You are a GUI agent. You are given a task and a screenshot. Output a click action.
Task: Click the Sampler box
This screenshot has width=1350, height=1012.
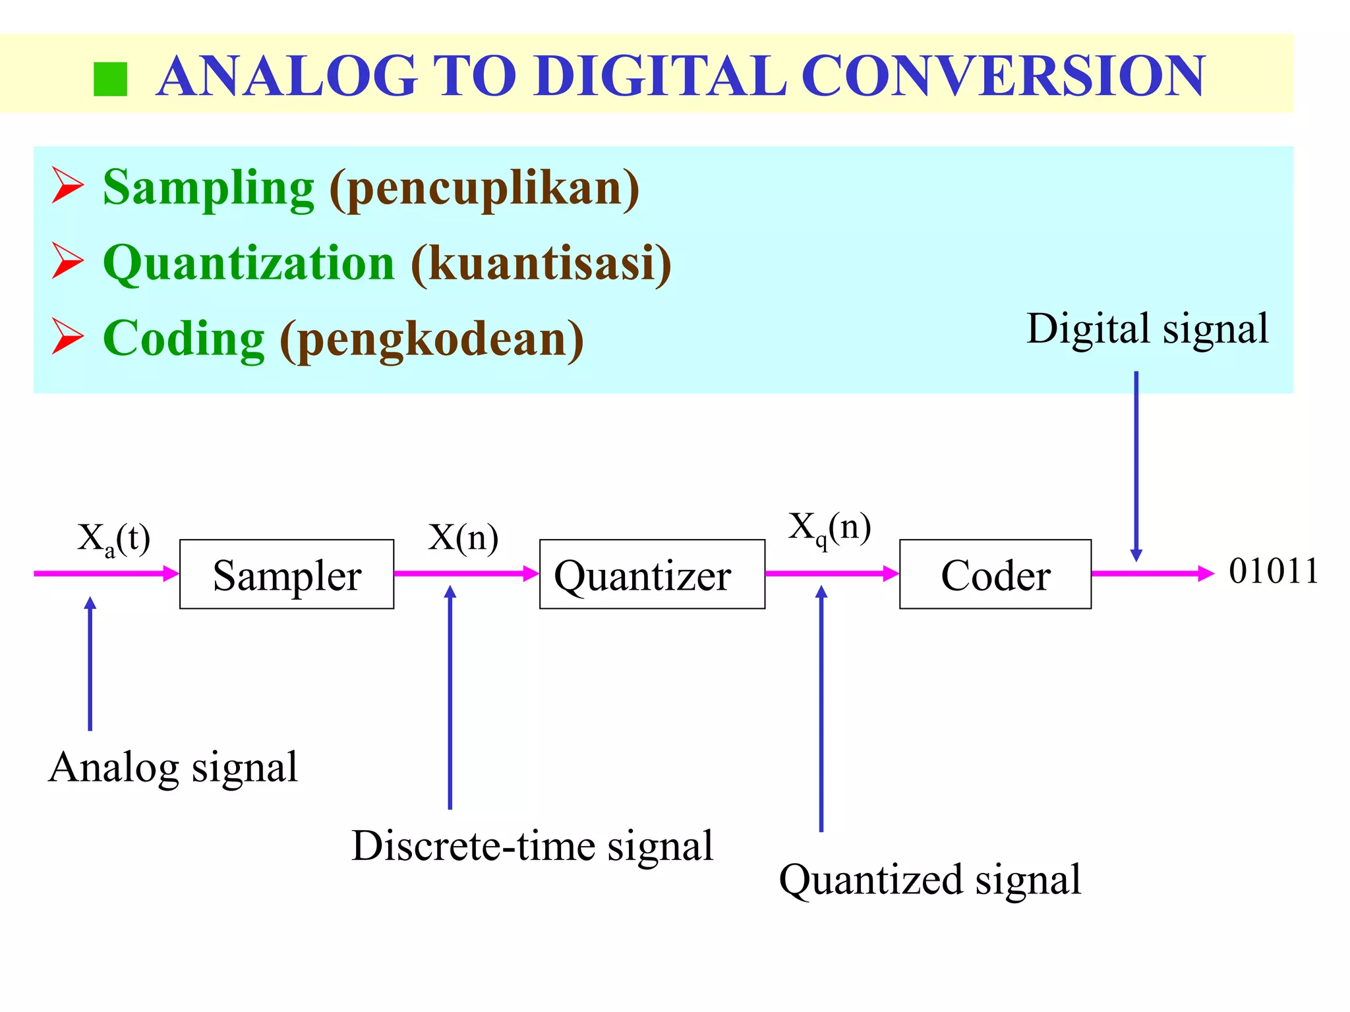coord(287,575)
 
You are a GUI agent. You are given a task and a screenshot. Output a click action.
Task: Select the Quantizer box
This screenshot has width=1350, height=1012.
coord(652,575)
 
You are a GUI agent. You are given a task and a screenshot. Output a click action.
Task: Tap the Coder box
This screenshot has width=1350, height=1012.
coord(995,575)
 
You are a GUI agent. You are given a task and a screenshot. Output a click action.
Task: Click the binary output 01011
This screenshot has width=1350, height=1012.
coord(1274,571)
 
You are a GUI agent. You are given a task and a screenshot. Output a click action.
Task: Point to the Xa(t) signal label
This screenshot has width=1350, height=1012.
coord(113,540)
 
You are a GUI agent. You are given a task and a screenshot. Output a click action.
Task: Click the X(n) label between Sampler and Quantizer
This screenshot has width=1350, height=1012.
coord(463,538)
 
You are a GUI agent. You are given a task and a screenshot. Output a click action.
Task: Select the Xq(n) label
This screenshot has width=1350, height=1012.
coord(830,528)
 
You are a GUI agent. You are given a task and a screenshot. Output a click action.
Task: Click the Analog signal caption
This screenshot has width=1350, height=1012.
coord(173,768)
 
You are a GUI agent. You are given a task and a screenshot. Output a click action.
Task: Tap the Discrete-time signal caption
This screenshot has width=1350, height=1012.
coord(532,846)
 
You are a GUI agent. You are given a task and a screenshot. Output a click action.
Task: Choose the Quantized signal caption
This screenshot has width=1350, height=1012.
coord(929,880)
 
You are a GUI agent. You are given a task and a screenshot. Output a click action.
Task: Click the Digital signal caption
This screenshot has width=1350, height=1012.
coord(1147,329)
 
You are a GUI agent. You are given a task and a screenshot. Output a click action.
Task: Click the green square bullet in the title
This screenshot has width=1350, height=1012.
coord(110,80)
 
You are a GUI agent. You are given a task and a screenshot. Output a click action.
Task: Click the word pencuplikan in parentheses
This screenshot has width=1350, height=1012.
coord(484,189)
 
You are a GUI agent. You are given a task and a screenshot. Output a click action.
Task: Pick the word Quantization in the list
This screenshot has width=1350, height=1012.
coord(249,264)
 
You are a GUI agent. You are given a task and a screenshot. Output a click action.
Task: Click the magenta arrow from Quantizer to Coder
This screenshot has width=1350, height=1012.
coord(832,573)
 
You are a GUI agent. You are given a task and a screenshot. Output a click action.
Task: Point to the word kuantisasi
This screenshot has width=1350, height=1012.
coord(541,264)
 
